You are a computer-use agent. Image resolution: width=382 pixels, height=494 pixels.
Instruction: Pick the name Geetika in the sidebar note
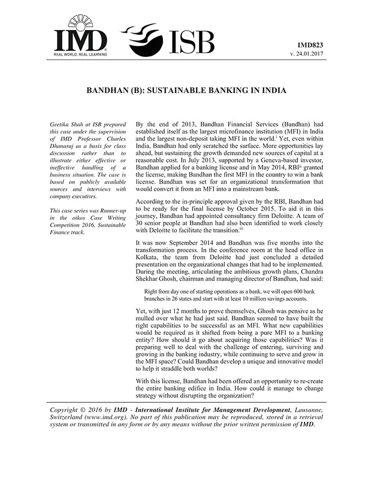pos(61,125)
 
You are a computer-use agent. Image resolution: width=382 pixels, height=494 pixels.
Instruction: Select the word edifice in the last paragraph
pos(211,387)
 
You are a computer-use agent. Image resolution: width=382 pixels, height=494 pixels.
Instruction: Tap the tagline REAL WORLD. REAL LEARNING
pos(80,53)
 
